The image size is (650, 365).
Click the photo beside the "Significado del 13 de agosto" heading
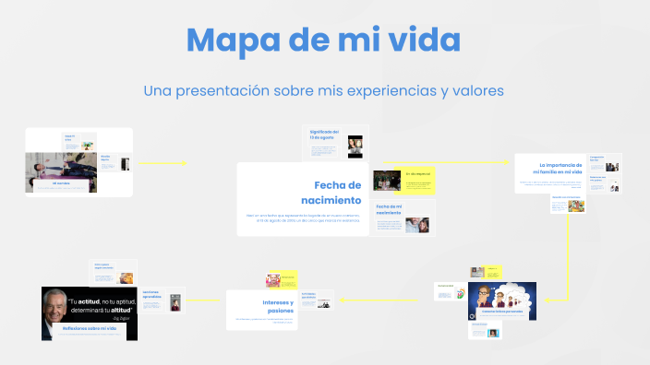(355, 144)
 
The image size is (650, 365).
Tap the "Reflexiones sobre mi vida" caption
(90, 328)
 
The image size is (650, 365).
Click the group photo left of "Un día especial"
(386, 180)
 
